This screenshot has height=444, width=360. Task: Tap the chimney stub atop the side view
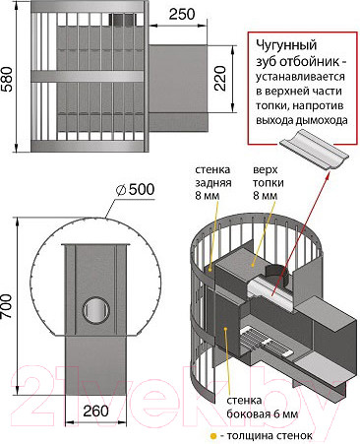tap(120, 21)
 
